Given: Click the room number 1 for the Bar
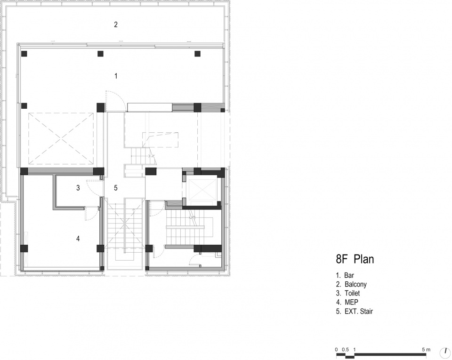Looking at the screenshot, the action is tap(116, 76).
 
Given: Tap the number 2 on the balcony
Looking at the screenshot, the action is tap(116, 24).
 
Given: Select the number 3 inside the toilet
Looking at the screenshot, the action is tap(78, 188).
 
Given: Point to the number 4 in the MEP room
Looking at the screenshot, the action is tap(78, 239).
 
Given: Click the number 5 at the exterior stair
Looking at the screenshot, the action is tap(116, 188).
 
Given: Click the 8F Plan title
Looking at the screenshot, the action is tap(355, 259).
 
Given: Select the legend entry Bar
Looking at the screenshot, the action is tap(349, 275).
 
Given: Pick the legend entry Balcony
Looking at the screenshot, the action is tap(355, 285).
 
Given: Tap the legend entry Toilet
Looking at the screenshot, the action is tap(352, 293).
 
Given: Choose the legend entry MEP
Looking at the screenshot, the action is tap(351, 302).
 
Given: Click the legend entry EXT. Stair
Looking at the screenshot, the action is tap(359, 312).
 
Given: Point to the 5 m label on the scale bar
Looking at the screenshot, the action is tap(426, 350).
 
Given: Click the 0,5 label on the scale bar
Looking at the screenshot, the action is tap(345, 350).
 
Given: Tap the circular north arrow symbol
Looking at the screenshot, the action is tap(445, 352).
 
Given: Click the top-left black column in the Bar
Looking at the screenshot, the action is tap(24, 54).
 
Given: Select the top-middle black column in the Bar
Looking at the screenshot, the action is tap(100, 54).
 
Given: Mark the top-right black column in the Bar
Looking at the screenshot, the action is tap(197, 54).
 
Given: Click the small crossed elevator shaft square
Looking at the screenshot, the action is tap(202, 189).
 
